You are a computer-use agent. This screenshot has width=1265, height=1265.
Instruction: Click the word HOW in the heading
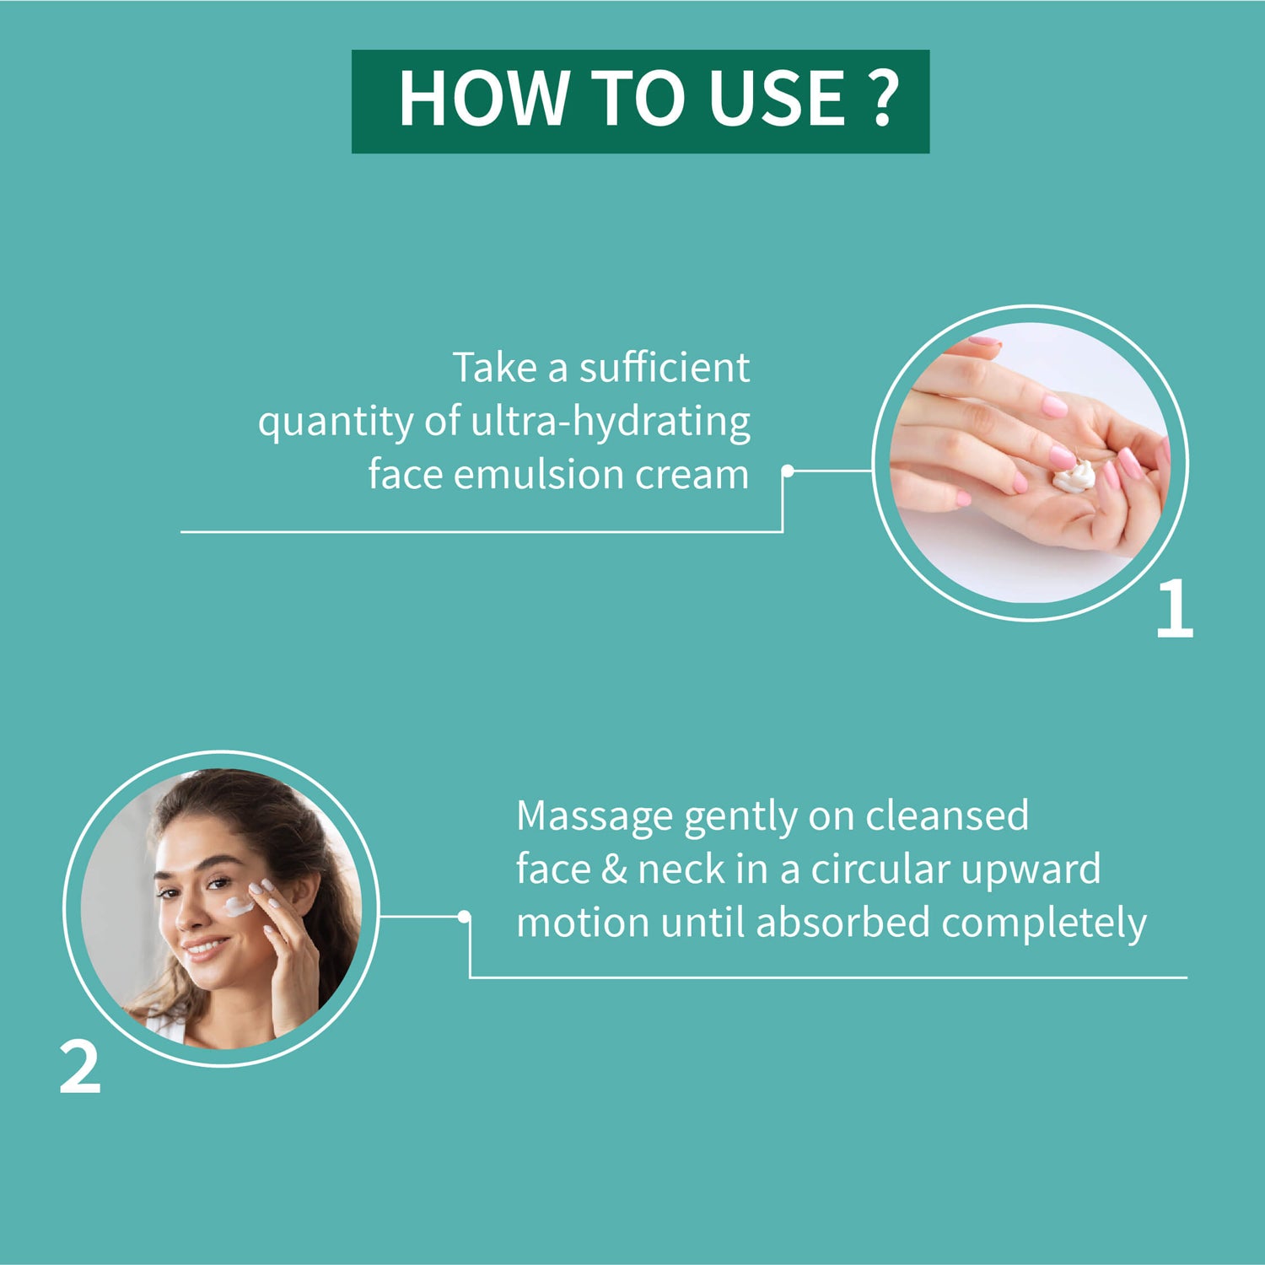tap(483, 99)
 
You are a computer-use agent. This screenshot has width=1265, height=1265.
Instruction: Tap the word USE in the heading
tap(777, 99)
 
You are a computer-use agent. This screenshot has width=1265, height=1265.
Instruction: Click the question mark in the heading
tap(882, 99)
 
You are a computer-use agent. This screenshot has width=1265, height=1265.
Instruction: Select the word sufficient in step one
tap(665, 368)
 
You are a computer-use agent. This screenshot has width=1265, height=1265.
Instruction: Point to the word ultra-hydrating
tap(610, 421)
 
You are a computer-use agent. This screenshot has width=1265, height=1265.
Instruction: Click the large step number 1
tap(1174, 609)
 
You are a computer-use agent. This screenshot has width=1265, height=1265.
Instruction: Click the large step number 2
tap(80, 1069)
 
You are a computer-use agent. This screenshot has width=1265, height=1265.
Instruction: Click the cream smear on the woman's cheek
tap(237, 907)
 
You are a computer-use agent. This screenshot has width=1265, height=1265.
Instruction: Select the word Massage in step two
tap(595, 816)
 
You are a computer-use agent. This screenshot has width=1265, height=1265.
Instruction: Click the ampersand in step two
tap(614, 869)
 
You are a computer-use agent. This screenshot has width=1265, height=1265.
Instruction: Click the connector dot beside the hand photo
tap(788, 471)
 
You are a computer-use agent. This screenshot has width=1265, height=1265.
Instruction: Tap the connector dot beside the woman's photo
tap(464, 916)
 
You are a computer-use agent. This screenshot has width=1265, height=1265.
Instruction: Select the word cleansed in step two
tap(947, 816)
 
